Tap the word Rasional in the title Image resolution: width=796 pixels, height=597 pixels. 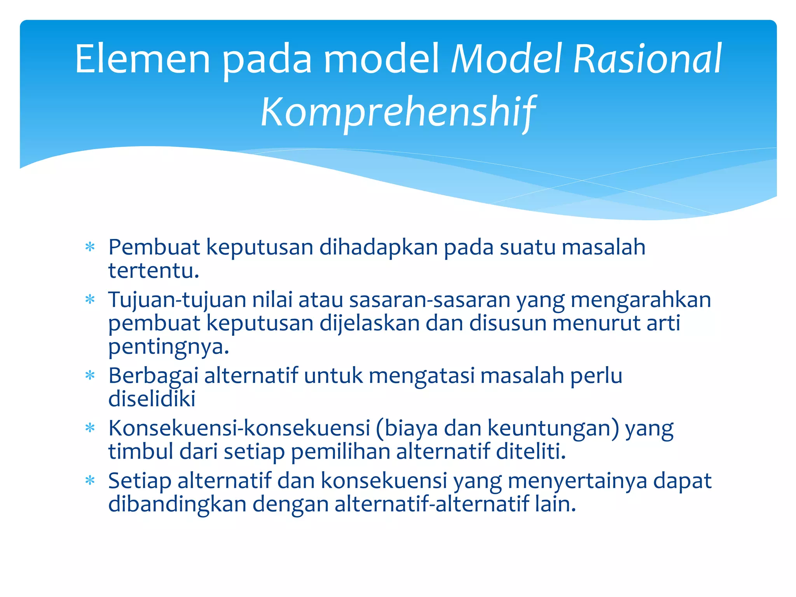coord(647,59)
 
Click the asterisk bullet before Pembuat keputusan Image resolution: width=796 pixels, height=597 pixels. coord(90,247)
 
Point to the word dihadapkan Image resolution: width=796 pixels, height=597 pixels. coord(379,248)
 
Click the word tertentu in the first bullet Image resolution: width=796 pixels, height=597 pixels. coord(153,271)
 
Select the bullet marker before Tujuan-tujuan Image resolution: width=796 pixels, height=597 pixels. coord(90,300)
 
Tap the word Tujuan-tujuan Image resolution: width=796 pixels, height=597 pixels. coord(177,300)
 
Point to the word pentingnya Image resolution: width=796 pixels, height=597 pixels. coord(168,347)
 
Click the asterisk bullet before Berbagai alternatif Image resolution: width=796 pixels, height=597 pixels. coord(90,375)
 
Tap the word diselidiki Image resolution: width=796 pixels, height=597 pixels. coord(152,399)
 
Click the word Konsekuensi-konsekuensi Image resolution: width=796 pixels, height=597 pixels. coord(239,428)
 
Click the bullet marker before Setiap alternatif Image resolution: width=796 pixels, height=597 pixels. coord(90,481)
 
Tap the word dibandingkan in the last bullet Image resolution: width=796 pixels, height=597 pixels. coord(177,504)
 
